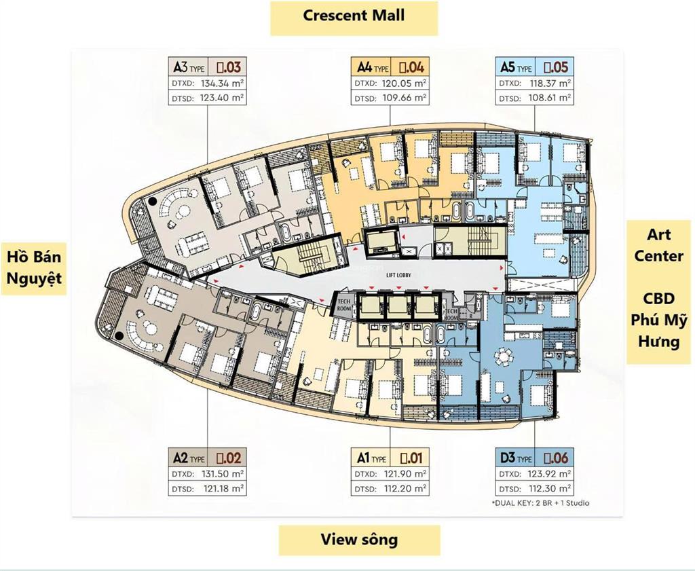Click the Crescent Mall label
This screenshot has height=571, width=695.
[x=354, y=16]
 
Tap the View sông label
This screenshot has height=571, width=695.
[x=359, y=540]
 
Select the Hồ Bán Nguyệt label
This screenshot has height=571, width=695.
[x=34, y=268]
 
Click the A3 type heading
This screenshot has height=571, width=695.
[x=188, y=67]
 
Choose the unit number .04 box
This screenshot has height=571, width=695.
[x=411, y=67]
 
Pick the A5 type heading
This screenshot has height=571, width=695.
[x=516, y=67]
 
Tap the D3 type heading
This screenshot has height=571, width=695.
[x=516, y=458]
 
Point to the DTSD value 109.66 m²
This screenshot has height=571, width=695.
[x=405, y=98]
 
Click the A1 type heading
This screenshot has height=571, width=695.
[x=372, y=458]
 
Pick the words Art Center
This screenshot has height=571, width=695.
[x=659, y=245]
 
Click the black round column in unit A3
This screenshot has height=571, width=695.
[x=154, y=201]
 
